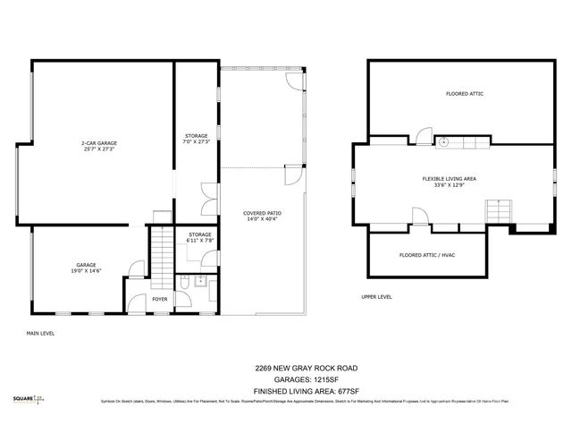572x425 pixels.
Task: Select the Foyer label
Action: (x=159, y=299)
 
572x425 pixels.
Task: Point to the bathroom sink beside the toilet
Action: (x=201, y=282)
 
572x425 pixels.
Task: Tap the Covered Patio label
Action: (x=261, y=217)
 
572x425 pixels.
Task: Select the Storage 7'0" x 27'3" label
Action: (x=196, y=138)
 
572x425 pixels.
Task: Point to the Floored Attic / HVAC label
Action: (x=428, y=255)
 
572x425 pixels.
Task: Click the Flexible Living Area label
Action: (x=449, y=183)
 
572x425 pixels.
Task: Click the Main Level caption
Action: (x=40, y=333)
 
